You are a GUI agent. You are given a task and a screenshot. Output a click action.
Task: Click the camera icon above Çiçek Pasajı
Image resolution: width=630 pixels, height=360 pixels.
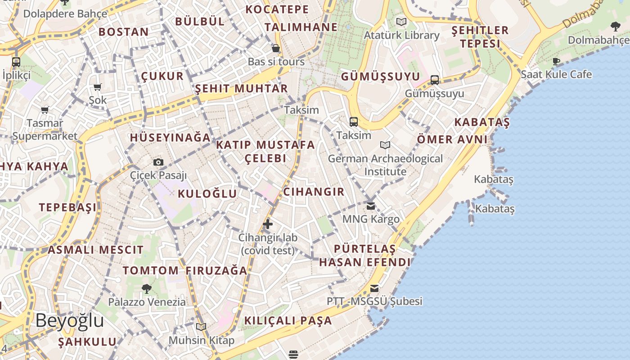(x=158, y=162)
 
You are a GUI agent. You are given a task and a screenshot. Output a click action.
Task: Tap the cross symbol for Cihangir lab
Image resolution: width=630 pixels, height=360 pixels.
(x=268, y=224)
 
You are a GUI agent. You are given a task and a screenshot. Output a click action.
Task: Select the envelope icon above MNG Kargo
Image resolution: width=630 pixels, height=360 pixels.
(x=371, y=206)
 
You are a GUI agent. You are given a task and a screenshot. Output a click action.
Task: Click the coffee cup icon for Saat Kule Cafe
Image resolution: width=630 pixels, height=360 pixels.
(x=556, y=61)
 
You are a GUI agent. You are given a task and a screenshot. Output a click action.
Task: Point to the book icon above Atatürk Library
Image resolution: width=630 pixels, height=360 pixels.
(x=401, y=22)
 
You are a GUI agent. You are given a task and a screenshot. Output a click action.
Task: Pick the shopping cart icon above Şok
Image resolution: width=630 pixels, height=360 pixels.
(x=98, y=87)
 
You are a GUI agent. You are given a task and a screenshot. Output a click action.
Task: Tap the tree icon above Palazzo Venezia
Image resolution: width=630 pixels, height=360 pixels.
(x=147, y=288)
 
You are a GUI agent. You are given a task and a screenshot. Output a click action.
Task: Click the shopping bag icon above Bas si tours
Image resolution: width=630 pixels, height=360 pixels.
(x=276, y=48)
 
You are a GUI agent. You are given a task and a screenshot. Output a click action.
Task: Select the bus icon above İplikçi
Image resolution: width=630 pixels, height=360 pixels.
(x=16, y=62)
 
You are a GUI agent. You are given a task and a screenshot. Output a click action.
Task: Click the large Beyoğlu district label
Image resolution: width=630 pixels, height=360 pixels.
(x=70, y=321)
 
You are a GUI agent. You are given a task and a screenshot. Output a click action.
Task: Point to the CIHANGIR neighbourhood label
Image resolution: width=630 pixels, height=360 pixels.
(x=314, y=192)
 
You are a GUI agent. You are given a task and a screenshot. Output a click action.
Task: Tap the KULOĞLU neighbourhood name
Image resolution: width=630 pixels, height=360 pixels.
(x=207, y=194)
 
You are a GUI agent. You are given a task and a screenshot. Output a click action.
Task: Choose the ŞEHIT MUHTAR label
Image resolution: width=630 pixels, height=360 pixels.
(x=241, y=89)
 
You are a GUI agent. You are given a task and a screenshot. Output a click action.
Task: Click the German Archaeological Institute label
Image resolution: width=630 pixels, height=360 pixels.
(x=385, y=165)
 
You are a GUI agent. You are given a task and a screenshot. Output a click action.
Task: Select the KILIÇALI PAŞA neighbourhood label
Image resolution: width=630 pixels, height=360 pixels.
(x=288, y=321)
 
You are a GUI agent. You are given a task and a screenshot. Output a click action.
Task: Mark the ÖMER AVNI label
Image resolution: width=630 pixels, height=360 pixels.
(x=452, y=139)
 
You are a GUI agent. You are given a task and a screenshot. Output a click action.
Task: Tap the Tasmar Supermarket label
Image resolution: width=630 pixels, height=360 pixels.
(x=45, y=130)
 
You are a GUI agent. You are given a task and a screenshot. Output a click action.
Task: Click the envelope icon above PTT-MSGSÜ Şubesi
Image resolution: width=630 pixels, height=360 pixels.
(x=374, y=288)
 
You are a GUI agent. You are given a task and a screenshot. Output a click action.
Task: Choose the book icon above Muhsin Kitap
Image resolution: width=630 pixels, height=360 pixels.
(x=201, y=327)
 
